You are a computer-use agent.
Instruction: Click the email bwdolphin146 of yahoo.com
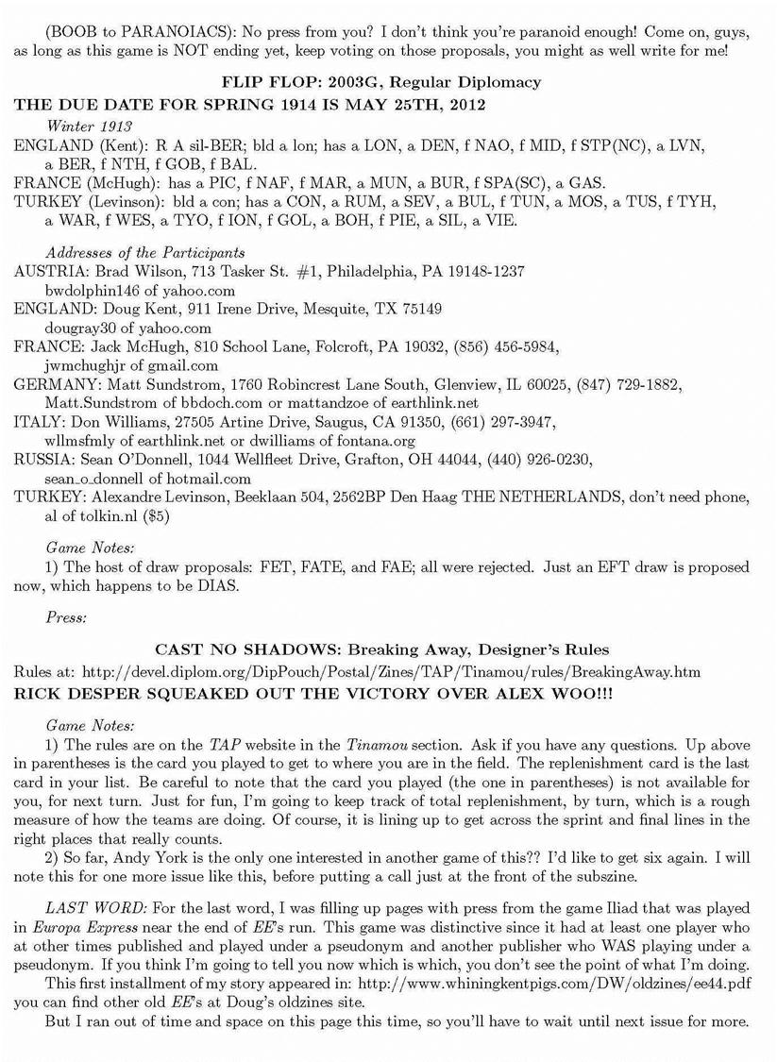coord(140,291)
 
